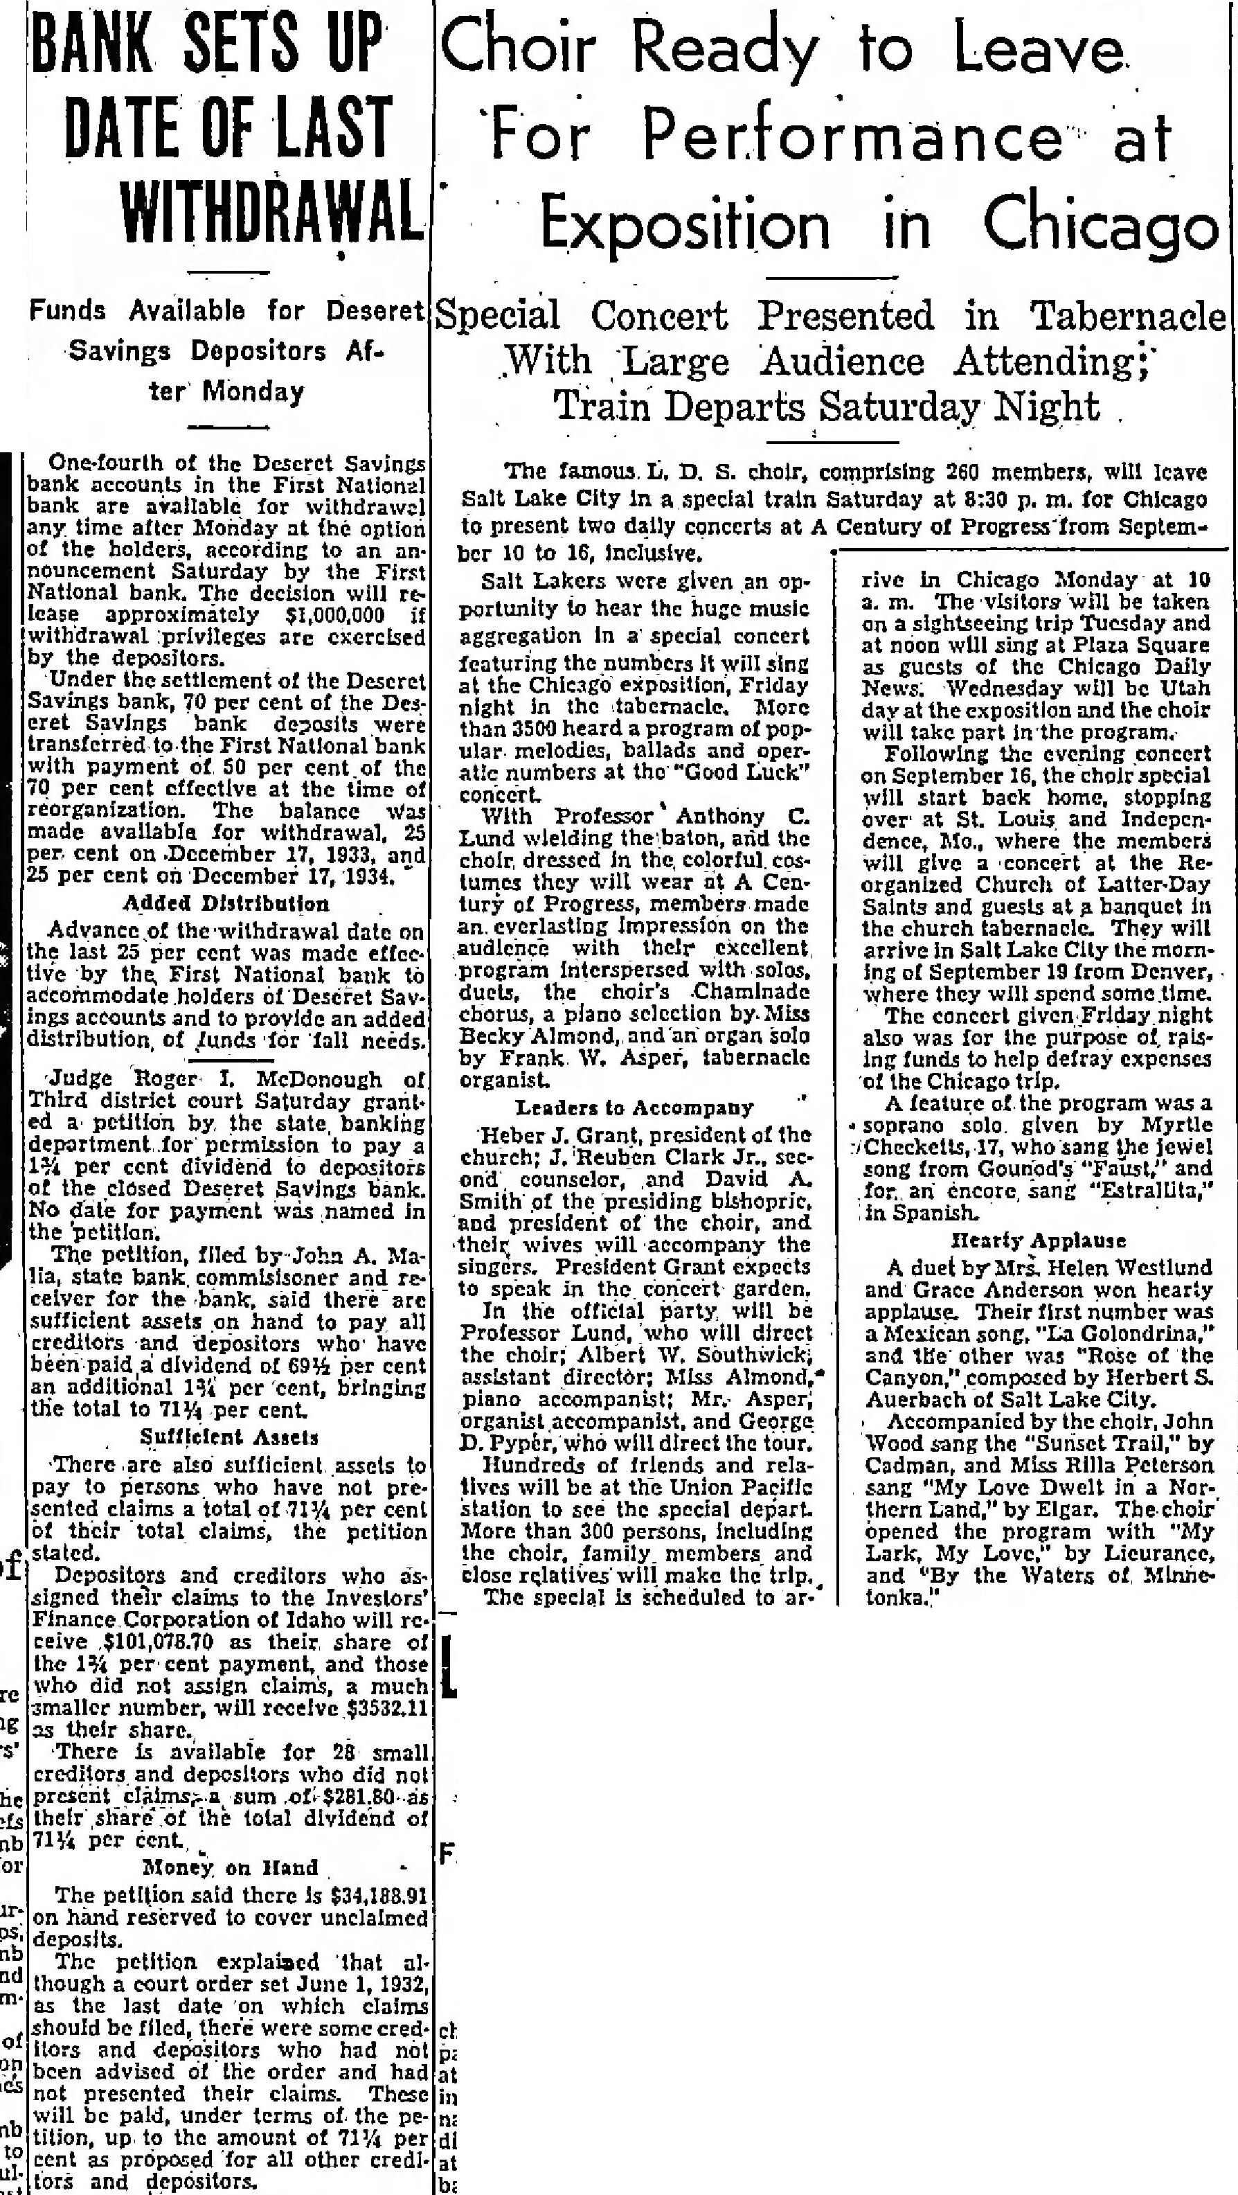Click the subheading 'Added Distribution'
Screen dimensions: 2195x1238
226,903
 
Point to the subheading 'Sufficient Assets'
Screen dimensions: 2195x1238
228,1437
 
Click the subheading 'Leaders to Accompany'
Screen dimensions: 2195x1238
635,1108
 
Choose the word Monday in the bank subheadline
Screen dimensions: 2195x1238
255,392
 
